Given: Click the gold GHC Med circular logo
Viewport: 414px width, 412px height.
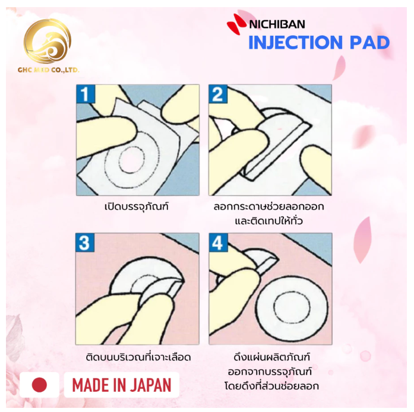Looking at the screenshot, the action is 48,41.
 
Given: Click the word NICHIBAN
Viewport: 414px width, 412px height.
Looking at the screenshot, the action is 277,24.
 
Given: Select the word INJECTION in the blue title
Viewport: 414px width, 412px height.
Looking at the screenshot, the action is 295,43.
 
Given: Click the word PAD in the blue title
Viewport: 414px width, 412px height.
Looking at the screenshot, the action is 369,43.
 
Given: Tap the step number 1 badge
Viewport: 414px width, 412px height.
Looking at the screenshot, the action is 85,94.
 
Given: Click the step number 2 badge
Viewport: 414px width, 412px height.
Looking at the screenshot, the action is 218,94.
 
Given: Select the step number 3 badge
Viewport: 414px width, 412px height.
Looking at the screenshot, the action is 84,243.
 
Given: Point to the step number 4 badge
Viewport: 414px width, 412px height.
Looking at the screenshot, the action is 218,243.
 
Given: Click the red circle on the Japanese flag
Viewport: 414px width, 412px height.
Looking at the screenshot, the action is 39,385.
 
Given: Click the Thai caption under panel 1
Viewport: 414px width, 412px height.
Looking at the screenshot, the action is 137,207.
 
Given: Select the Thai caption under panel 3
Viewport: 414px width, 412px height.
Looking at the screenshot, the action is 138,357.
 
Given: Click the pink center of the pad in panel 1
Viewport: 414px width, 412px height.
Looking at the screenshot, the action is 131,160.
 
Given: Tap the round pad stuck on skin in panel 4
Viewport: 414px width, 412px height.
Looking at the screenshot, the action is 292,308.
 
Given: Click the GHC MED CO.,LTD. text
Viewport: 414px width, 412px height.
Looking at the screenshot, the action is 48,70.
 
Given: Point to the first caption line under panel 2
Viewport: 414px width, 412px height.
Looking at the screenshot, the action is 269,207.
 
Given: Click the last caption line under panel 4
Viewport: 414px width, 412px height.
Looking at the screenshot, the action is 271,386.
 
